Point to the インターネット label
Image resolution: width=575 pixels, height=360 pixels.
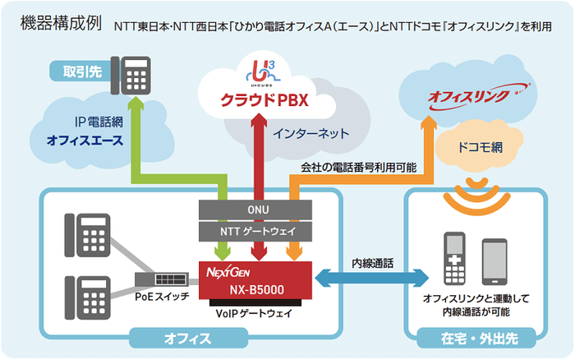pyautogui.click(x=311, y=133)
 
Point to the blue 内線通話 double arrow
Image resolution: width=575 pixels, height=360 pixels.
pyautogui.click(x=374, y=279)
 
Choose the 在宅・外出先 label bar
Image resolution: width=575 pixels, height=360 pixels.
pyautogui.click(x=475, y=337)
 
